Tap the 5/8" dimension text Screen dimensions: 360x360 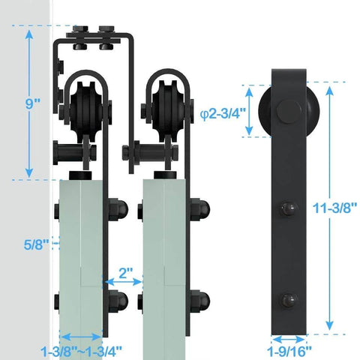35,244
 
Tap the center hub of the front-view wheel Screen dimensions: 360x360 286,112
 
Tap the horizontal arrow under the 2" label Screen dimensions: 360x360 122,282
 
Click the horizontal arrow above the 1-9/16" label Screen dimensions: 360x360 288,335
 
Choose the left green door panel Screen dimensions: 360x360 81,255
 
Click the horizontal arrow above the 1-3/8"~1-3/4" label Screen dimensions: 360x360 81,336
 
